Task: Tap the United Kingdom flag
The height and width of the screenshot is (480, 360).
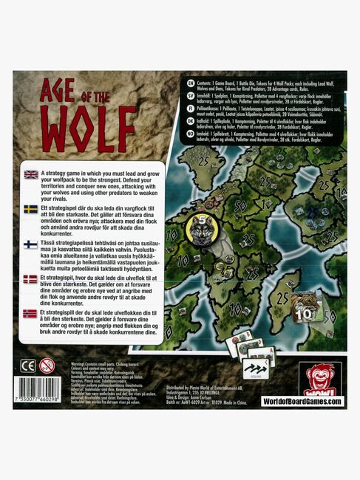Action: click(31, 175)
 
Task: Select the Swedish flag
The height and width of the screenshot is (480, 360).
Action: click(31, 209)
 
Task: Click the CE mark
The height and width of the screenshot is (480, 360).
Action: click(28, 365)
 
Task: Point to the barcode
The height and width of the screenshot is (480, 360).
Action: click(38, 389)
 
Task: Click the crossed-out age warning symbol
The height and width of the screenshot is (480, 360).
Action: click(47, 365)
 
